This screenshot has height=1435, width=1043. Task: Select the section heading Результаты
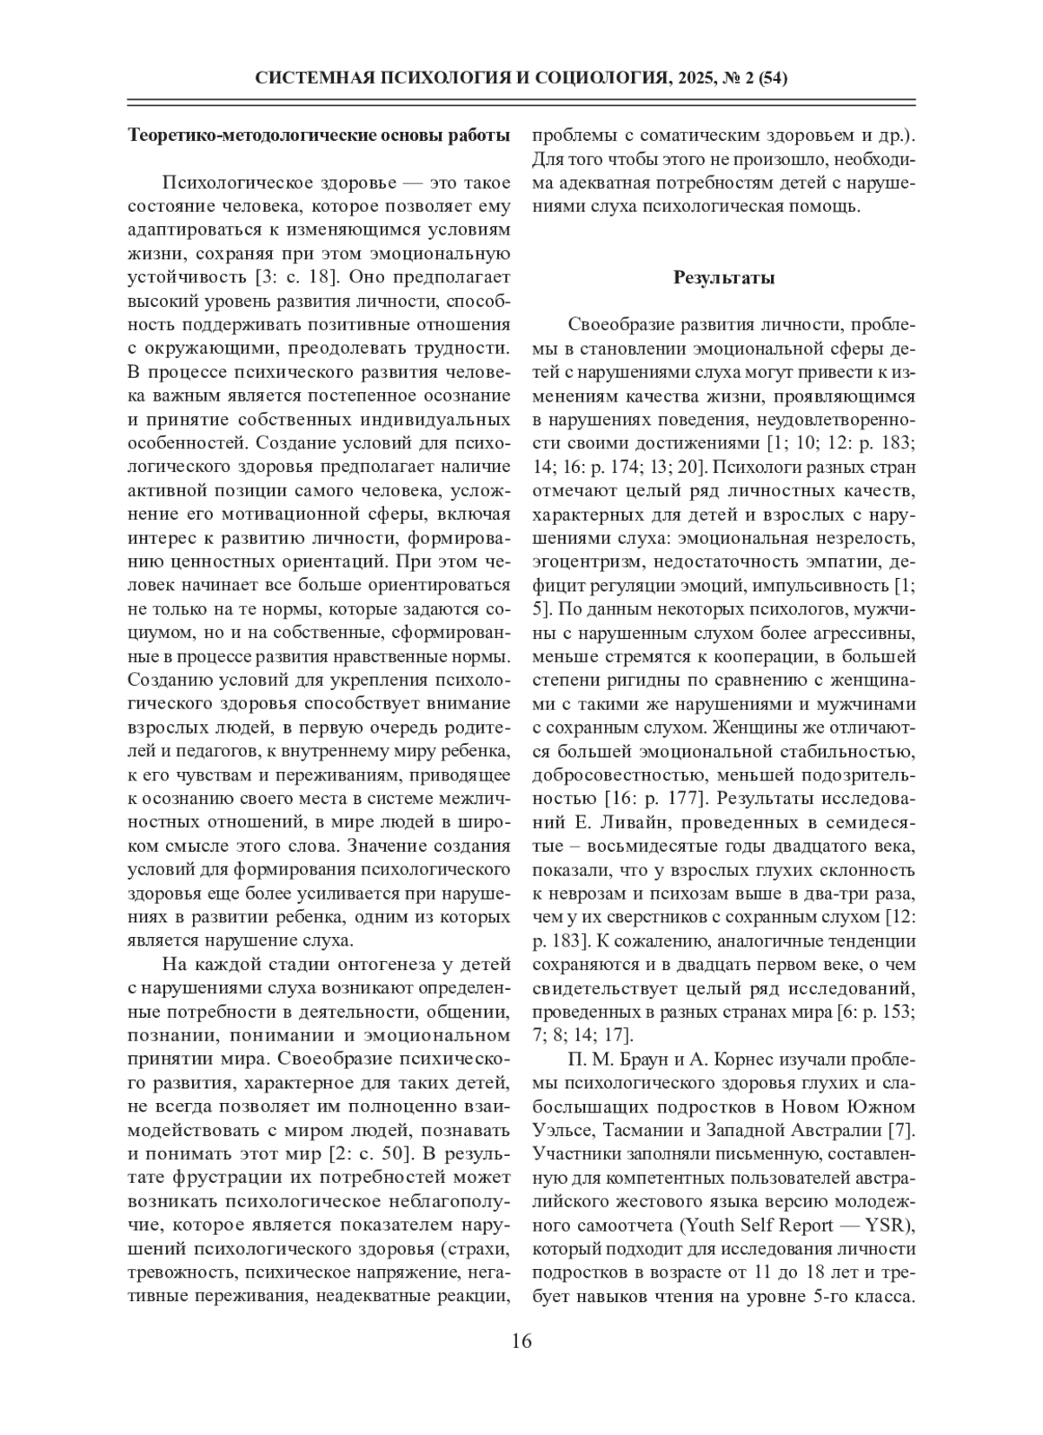[x=724, y=278]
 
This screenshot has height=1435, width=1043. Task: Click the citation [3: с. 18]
[x=293, y=278]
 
